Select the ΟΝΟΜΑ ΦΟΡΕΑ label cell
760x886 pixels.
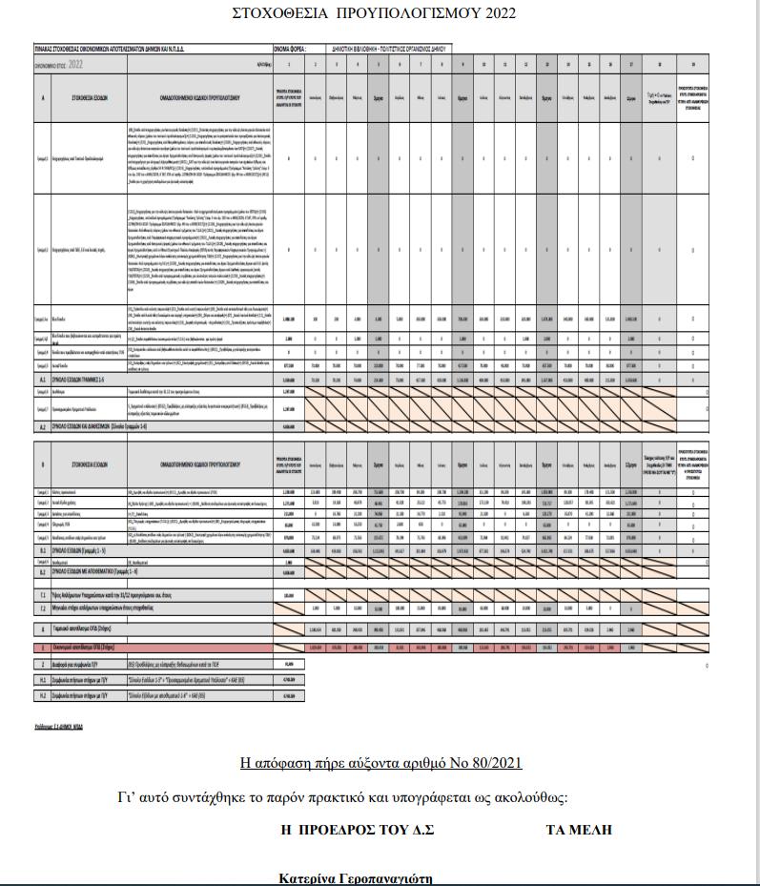289,47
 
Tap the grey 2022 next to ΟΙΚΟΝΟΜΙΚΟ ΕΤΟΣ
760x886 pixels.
76,64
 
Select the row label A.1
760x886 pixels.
42,379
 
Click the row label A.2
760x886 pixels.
42,426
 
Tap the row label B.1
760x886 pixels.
42,551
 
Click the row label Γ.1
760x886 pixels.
42,593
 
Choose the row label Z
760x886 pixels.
42,664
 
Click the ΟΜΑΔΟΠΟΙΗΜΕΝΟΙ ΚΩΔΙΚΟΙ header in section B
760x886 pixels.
187,464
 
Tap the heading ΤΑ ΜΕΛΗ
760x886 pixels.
579,830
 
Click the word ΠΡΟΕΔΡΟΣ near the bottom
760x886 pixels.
340,830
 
